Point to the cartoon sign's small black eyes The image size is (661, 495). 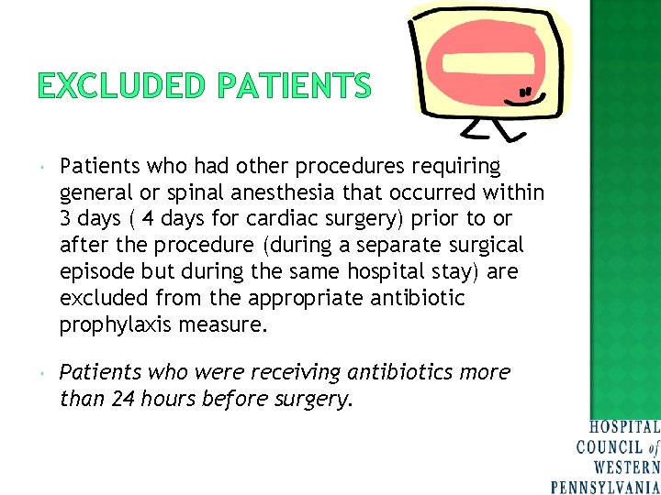pos(526,92)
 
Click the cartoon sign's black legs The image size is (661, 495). pos(487,129)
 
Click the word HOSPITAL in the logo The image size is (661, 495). pos(624,427)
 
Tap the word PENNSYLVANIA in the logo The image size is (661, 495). pos(605,486)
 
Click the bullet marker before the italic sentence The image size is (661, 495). pos(44,373)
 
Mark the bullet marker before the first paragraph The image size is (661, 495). pos(44,167)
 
